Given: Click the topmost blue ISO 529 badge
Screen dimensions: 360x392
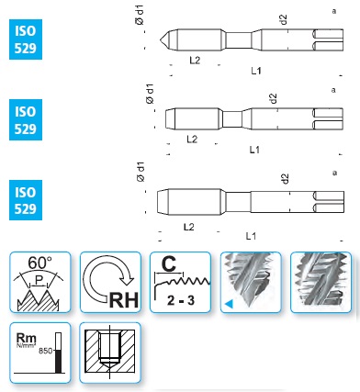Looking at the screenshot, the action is (x=26, y=39).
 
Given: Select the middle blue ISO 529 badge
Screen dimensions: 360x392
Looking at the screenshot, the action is (x=26, y=119).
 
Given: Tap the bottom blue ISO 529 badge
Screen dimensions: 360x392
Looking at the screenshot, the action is (x=26, y=200).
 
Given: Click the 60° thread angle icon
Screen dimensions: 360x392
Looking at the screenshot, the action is (x=40, y=282).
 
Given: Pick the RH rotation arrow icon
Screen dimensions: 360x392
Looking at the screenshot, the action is (x=110, y=282).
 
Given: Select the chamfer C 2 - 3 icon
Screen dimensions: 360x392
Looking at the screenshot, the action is (x=181, y=282).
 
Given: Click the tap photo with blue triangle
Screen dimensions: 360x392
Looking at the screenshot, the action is (x=251, y=282).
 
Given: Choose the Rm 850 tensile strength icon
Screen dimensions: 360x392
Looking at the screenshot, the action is (x=40, y=353).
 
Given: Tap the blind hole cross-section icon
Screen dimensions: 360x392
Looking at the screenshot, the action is (x=110, y=353).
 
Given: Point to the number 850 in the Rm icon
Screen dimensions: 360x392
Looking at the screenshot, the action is (x=45, y=351).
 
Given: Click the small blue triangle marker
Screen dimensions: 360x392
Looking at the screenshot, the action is (x=229, y=304).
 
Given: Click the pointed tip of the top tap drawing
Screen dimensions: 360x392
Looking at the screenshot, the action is (x=160, y=39).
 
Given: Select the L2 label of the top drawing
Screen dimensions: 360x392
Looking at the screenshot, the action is (x=195, y=61).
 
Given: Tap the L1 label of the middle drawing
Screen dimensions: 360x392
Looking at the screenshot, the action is (x=254, y=150).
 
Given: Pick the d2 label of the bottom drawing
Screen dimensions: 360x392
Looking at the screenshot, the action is (x=285, y=179).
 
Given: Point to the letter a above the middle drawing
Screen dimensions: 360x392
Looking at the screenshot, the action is (x=333, y=90).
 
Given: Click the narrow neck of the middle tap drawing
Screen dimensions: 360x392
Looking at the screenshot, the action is (x=232, y=119).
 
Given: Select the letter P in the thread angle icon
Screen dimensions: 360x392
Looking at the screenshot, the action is (x=39, y=280).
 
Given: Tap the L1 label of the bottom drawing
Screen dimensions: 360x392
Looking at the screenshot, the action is (x=251, y=236).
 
